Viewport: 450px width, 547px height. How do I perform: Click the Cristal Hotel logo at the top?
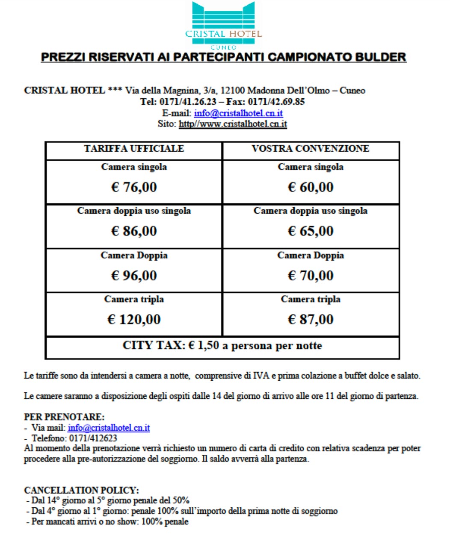point(223,26)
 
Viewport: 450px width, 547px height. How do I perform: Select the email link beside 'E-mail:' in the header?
point(238,113)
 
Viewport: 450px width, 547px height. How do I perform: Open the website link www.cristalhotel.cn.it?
point(233,124)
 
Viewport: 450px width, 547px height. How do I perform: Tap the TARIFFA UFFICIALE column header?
point(134,149)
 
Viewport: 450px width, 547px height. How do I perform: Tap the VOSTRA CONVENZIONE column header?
point(310,149)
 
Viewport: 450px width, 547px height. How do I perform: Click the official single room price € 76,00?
point(134,187)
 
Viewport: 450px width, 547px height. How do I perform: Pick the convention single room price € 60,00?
point(311,187)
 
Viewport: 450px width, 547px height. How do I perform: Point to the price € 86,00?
point(134,231)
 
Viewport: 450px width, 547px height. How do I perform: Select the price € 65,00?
point(311,231)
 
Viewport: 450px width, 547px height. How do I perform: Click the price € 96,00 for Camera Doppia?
point(134,276)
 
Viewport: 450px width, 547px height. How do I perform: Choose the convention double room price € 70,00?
point(311,276)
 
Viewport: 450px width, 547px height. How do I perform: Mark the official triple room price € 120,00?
point(134,320)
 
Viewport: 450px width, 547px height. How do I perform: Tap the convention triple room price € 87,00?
point(311,320)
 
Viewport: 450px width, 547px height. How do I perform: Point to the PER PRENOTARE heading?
point(64,417)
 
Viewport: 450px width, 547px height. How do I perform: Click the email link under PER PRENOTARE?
point(109,428)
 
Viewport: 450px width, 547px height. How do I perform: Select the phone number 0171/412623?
point(93,438)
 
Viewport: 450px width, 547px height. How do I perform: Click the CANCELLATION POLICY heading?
point(81,490)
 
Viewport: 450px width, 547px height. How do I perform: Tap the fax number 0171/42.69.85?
point(276,102)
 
